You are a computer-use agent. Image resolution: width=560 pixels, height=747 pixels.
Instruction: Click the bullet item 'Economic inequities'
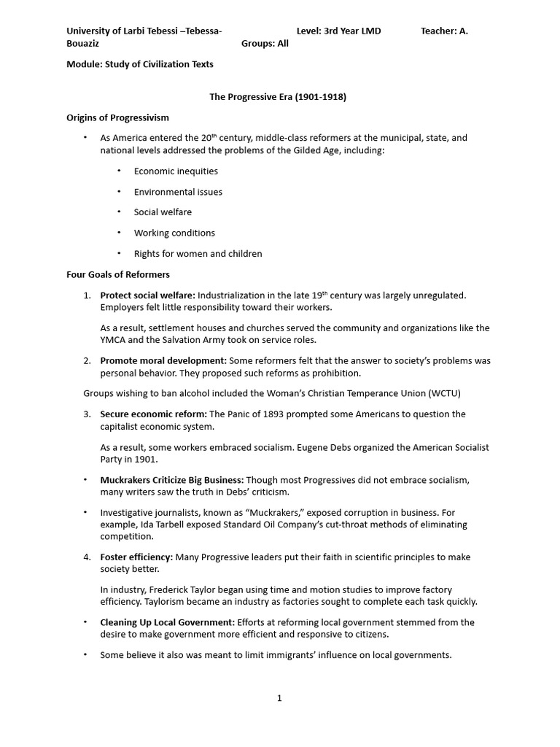point(176,171)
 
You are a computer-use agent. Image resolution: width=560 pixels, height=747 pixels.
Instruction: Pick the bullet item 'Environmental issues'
point(178,192)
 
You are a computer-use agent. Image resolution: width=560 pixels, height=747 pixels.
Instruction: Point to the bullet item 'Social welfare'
point(163,212)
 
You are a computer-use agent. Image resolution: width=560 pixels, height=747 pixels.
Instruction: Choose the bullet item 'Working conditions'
point(174,233)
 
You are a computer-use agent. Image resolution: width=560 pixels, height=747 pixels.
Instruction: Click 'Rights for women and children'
point(198,254)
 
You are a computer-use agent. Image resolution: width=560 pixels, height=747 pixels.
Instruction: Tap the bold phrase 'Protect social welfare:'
point(147,295)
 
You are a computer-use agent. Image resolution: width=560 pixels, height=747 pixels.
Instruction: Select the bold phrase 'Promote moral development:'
point(163,361)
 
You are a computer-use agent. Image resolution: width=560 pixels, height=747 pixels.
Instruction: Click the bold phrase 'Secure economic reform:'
point(153,414)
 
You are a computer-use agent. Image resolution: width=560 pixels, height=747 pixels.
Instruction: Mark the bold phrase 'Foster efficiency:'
point(136,557)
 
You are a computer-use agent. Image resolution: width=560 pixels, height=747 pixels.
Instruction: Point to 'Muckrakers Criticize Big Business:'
point(171,480)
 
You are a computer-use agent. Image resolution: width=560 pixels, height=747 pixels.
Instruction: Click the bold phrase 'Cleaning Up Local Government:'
point(167,622)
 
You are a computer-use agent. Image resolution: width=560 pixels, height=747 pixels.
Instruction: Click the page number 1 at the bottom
point(279,698)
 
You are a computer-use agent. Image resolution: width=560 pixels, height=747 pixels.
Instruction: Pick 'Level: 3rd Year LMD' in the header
point(338,31)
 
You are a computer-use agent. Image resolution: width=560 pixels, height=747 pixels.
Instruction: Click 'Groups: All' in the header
point(265,43)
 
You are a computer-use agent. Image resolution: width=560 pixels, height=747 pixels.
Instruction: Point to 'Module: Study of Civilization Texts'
point(140,64)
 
